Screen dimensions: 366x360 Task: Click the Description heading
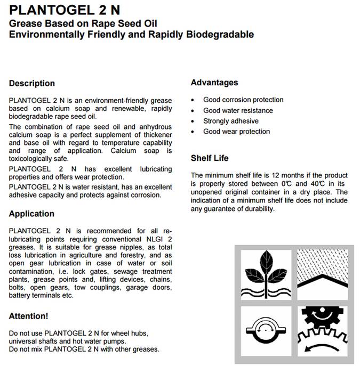32,83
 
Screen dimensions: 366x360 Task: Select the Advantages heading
214,83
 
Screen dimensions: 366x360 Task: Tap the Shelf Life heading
210,158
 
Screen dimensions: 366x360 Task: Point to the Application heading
32,214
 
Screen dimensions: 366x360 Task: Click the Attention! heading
29,316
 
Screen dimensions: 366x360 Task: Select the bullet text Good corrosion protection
243,100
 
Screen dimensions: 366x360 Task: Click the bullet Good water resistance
238,110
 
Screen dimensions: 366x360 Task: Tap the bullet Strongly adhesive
231,121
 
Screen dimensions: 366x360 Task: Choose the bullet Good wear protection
237,131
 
